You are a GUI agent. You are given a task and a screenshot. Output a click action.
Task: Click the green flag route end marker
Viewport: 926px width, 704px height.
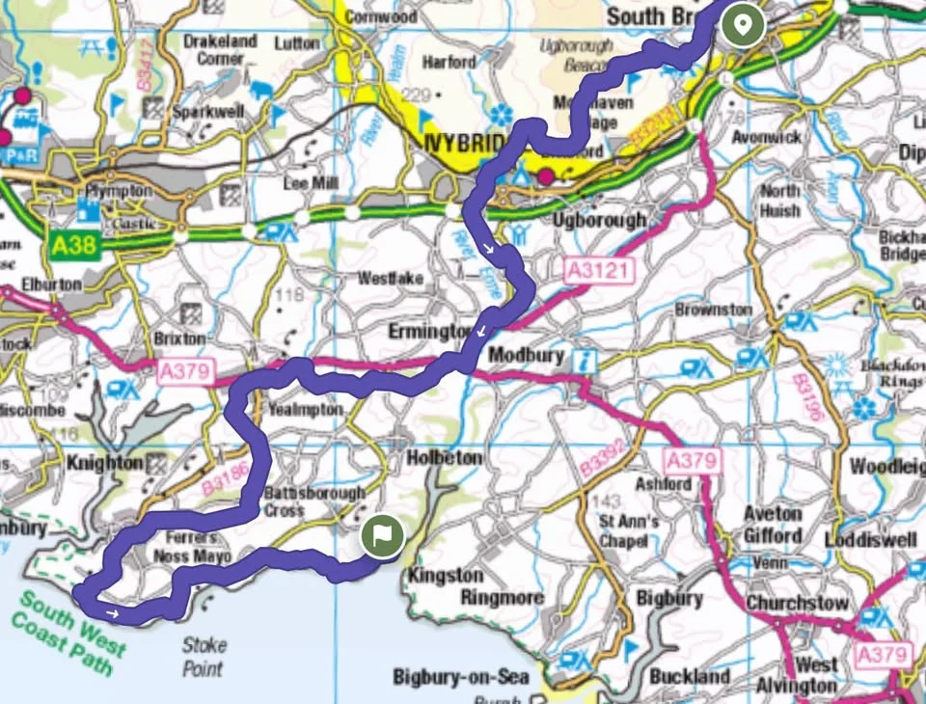(x=382, y=537)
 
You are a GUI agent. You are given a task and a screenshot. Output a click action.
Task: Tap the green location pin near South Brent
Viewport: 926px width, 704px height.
(x=744, y=24)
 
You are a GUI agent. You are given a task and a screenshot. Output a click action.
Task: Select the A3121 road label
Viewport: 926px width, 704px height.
(x=599, y=271)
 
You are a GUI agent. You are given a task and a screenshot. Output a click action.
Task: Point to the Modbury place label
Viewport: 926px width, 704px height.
(x=526, y=355)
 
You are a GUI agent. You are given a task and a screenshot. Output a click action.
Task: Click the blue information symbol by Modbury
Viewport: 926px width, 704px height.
(x=586, y=361)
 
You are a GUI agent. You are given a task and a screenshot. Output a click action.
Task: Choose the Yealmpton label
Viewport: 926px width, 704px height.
(x=305, y=410)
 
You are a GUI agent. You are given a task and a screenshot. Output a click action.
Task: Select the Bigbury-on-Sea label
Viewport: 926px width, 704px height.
(x=460, y=677)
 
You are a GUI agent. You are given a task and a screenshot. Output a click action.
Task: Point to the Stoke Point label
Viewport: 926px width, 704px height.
(x=204, y=657)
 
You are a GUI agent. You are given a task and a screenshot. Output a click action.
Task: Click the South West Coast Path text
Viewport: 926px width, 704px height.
(x=72, y=632)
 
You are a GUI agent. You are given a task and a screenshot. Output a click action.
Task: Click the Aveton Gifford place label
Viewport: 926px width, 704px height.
(x=772, y=525)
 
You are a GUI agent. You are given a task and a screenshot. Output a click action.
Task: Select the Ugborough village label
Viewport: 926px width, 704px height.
(x=599, y=220)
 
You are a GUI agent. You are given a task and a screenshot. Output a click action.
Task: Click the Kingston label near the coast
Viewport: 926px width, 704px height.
(x=446, y=576)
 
